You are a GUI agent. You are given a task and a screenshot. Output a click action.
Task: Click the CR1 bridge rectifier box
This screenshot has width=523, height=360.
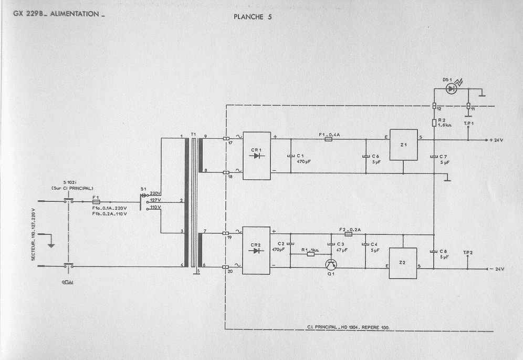coord(257,156)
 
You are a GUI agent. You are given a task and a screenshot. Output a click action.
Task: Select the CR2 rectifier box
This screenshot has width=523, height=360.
coord(256,251)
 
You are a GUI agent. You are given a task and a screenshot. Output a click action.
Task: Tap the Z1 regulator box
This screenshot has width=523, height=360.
coord(403,145)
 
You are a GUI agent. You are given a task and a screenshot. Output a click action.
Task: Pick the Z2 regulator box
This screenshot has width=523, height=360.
coord(402,263)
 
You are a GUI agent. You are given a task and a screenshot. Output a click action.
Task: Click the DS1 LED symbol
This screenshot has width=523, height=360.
coord(451,89)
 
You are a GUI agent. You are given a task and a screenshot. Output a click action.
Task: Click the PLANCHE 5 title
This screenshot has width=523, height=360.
coord(253,16)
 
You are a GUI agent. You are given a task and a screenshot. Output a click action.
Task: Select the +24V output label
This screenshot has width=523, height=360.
coord(497,141)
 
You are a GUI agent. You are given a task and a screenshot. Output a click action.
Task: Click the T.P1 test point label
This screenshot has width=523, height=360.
coord(469,122)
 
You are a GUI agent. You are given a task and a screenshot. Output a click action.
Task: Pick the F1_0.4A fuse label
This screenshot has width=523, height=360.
coord(329,135)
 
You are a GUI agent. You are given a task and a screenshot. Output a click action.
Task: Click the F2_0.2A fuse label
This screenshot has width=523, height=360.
coord(350,230)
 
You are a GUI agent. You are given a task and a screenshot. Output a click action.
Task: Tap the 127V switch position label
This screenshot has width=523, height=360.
coord(155,200)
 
